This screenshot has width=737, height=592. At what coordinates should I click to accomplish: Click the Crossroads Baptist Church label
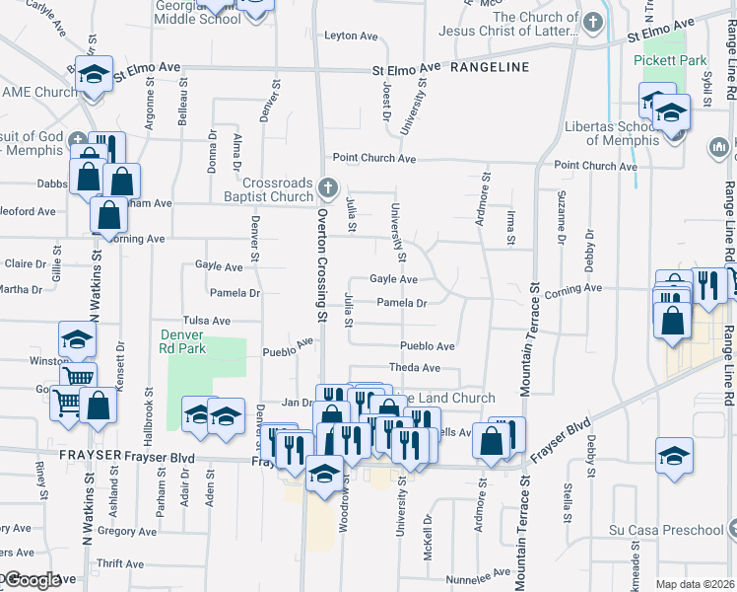pos(279,189)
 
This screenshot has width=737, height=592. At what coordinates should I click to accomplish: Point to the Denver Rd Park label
pos(184,341)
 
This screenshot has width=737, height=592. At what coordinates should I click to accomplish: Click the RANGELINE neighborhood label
pos(490,67)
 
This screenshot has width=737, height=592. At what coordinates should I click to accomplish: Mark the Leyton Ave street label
pos(352,37)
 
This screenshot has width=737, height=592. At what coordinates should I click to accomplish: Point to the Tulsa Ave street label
pos(207,321)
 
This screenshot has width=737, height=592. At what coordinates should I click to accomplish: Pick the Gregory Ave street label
pos(127,531)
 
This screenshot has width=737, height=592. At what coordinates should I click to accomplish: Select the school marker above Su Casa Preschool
pos(675,455)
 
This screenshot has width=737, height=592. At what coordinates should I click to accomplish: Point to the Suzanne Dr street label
pos(561,229)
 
